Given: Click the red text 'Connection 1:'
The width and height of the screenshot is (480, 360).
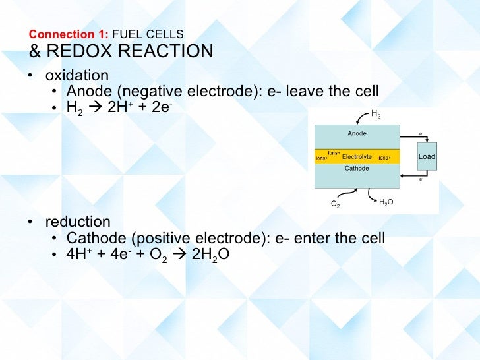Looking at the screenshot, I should (70, 34).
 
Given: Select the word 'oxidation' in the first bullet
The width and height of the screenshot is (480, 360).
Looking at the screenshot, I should (76, 75).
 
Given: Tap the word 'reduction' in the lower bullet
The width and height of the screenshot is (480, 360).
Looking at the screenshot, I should (78, 222).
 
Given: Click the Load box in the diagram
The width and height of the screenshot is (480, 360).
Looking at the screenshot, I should (427, 156).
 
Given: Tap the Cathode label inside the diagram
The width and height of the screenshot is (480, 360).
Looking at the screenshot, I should (357, 169).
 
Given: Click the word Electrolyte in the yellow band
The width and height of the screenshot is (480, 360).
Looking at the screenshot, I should (357, 157).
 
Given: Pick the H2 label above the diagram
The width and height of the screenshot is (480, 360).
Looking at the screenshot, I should (376, 115).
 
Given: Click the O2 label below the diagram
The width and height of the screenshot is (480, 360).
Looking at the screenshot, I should (335, 204).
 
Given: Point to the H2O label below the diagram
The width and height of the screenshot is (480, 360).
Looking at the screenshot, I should (386, 202).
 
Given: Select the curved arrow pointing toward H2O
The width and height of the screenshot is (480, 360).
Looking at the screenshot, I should (369, 195).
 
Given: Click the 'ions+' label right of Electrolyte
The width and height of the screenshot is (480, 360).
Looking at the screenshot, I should (384, 158).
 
